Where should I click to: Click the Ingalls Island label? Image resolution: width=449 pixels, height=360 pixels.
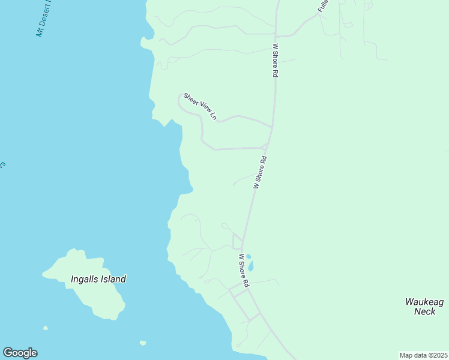98,279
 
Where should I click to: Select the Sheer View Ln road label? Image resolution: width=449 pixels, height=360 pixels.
200,106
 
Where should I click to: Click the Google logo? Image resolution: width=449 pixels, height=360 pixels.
20,353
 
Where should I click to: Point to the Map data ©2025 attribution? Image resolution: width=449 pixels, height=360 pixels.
423,355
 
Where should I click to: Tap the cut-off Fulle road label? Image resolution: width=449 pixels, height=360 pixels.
324,6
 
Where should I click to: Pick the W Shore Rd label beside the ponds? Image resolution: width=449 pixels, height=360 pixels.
243,271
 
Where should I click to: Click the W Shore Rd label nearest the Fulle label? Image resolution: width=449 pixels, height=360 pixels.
276,59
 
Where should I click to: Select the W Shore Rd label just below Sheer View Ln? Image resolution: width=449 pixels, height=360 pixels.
260,173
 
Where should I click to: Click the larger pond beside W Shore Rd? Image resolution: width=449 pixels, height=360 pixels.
251,266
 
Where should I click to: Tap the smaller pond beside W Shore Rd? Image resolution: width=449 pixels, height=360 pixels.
248,256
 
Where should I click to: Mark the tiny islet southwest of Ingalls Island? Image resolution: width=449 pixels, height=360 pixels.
46,328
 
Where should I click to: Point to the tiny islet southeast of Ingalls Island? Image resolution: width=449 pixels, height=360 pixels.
142,343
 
